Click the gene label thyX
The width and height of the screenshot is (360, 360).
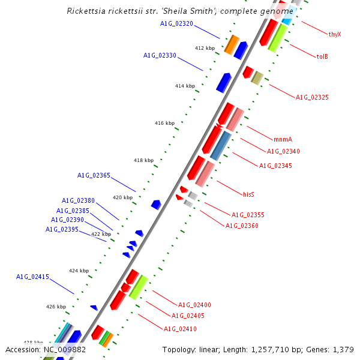click(x=335, y=34)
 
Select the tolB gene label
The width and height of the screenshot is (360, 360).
click(x=322, y=56)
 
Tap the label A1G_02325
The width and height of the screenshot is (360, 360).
click(x=312, y=97)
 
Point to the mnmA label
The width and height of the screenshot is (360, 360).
click(x=283, y=139)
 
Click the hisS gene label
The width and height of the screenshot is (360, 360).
click(x=248, y=194)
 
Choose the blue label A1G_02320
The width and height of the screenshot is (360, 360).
click(x=176, y=24)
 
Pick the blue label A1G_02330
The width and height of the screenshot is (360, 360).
click(x=160, y=56)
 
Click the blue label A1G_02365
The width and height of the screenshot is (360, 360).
click(x=94, y=176)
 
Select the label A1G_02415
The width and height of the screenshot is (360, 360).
click(x=32, y=277)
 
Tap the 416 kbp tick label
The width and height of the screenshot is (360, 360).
click(x=164, y=123)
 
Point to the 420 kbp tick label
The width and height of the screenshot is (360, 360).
click(x=122, y=197)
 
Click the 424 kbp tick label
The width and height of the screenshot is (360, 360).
click(x=79, y=271)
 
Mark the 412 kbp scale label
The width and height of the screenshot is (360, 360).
click(x=205, y=48)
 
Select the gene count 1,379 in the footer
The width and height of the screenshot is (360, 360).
click(x=343, y=349)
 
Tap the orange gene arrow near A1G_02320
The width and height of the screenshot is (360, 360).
click(x=232, y=44)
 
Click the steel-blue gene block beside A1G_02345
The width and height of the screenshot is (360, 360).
click(x=221, y=145)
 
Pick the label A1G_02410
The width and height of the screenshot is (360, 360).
click(x=180, y=329)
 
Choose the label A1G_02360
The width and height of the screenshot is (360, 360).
click(x=242, y=226)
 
